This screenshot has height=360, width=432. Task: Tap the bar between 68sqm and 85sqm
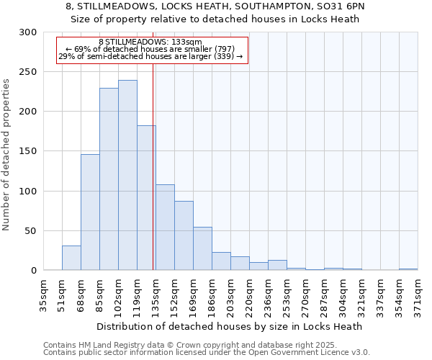tap(90, 212)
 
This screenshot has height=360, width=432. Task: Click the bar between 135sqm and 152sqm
tap(165, 227)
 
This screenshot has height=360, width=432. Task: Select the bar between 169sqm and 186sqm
tap(202, 248)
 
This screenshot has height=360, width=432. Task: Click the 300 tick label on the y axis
tap(28, 32)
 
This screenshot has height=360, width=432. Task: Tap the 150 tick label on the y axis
tap(28, 151)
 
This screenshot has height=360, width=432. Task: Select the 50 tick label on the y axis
tap(31, 231)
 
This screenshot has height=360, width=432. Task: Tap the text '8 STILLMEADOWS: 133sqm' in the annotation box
tap(150, 42)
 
